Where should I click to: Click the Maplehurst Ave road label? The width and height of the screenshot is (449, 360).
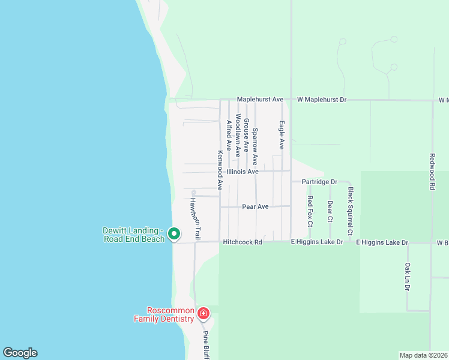pyautogui.click(x=260, y=99)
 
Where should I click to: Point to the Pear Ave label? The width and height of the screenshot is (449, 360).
pyautogui.click(x=255, y=206)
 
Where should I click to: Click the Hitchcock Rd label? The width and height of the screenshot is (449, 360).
pyautogui.click(x=243, y=242)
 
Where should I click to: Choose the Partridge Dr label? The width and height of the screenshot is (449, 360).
pyautogui.click(x=320, y=181)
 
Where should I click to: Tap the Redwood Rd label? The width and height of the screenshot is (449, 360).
pyautogui.click(x=432, y=171)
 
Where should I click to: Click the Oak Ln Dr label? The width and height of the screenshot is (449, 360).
pyautogui.click(x=407, y=277)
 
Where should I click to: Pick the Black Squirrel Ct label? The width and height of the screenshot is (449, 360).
pyautogui.click(x=351, y=211)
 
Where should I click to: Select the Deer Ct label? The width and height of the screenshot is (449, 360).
pyautogui.click(x=330, y=211)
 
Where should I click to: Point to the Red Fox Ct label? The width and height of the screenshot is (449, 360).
pyautogui.click(x=310, y=211)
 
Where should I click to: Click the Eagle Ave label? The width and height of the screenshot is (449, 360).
pyautogui.click(x=281, y=135)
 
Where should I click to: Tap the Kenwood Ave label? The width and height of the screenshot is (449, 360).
pyautogui.click(x=220, y=170)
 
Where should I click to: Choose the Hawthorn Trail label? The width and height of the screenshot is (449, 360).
pyautogui.click(x=194, y=217)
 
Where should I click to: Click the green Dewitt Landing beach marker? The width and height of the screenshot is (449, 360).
pyautogui.click(x=174, y=233)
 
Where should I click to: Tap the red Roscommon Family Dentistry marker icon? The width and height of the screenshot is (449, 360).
pyautogui.click(x=203, y=313)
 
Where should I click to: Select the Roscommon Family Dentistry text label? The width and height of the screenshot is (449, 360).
pyautogui.click(x=170, y=314)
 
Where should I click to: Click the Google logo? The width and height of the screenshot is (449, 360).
pyautogui.click(x=20, y=353)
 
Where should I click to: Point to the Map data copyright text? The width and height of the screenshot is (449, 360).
pyautogui.click(x=423, y=355)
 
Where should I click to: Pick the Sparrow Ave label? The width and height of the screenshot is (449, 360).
pyautogui.click(x=255, y=146)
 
